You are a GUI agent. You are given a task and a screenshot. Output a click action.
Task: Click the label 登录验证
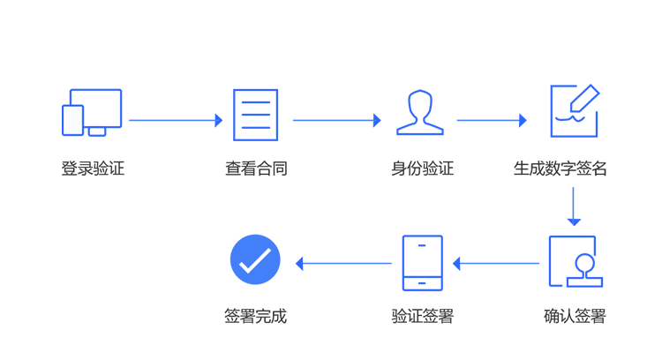(93, 169)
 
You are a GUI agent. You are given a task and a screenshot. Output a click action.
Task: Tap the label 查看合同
(256, 169)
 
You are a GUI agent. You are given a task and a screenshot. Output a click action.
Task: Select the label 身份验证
(422, 169)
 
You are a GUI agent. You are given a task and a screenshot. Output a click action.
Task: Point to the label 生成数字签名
(560, 169)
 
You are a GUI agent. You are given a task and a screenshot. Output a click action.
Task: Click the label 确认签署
(575, 316)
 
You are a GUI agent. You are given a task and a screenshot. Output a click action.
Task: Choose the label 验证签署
(423, 316)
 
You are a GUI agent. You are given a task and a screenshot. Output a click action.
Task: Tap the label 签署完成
(255, 316)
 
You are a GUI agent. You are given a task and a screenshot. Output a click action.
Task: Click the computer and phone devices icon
(92, 113)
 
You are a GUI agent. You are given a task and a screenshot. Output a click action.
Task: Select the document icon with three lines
(255, 115)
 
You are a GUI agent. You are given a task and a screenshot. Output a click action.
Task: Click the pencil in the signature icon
(584, 98)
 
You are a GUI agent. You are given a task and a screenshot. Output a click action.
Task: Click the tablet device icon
(422, 263)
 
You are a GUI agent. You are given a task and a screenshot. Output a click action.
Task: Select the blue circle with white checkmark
(255, 259)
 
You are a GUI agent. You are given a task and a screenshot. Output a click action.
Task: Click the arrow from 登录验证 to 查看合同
(176, 120)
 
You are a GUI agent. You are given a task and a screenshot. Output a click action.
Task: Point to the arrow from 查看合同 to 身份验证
(337, 120)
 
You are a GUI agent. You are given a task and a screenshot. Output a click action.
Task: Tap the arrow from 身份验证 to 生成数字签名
(492, 120)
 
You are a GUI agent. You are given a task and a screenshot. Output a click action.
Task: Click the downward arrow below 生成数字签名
(574, 206)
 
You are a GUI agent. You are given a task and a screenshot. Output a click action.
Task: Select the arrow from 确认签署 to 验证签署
(496, 263)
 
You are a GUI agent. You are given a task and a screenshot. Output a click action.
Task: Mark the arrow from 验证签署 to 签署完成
(343, 263)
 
